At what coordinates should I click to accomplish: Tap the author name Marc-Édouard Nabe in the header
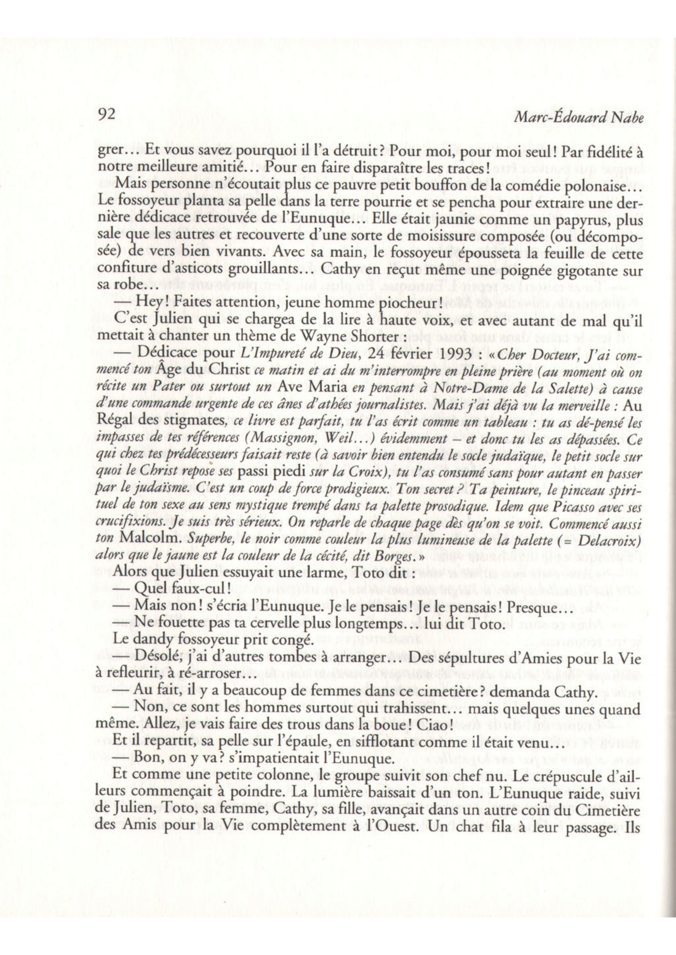[579, 118]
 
